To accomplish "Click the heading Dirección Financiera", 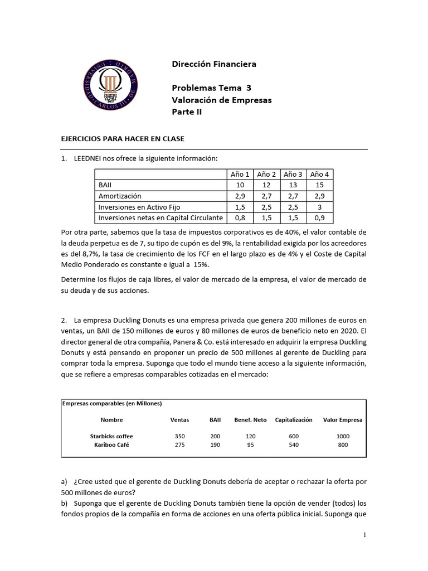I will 214,64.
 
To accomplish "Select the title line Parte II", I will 187,112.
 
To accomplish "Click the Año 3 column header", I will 293,175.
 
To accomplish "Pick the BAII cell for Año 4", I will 319,185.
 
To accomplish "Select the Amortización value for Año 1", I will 240,196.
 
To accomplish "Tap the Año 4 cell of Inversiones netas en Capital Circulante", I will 319,217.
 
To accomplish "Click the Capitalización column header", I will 294,420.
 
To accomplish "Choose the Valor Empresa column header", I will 343,420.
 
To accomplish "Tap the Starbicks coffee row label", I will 111,436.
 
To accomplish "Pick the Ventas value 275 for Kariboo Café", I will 179,445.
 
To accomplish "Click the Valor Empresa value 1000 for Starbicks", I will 343,436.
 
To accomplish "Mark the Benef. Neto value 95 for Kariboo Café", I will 250,445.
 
